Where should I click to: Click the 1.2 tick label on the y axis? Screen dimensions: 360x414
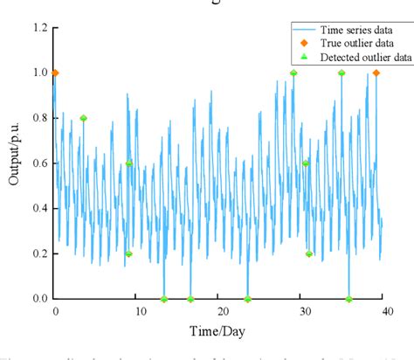(x=38, y=28)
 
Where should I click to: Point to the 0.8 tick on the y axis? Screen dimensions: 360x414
(x=38, y=118)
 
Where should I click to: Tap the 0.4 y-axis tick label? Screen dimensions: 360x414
(x=38, y=208)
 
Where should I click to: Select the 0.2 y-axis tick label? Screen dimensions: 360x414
(x=38, y=253)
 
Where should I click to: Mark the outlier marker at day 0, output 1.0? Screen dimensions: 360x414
(x=55, y=73)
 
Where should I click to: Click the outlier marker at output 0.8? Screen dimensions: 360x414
(x=83, y=118)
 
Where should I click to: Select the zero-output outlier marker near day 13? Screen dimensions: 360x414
(x=163, y=299)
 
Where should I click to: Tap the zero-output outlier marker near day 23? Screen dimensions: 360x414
(x=247, y=299)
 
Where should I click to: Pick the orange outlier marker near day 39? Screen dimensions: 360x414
(x=376, y=73)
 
